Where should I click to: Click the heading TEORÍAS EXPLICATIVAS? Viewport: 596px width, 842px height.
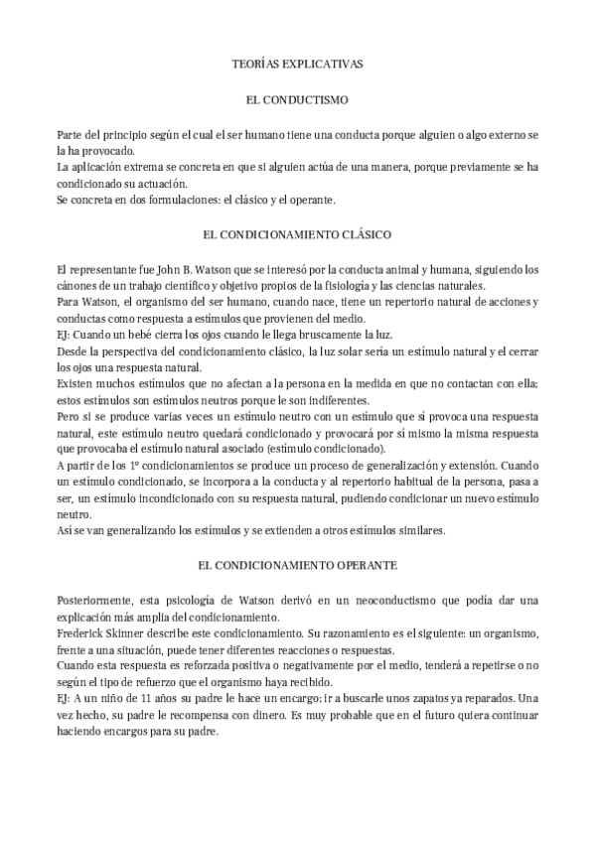point(298,64)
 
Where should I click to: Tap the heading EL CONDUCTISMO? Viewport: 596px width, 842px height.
point(298,100)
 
